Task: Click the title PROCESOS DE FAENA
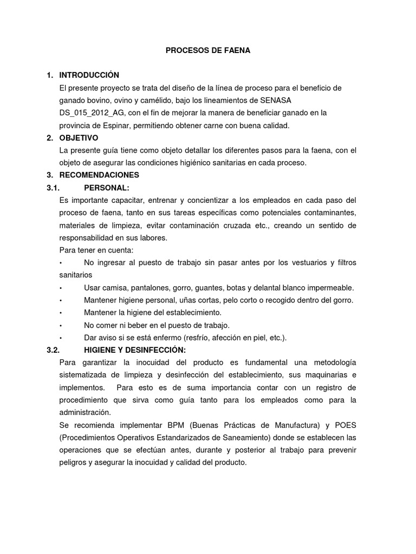click(x=208, y=50)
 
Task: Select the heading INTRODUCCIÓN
click(x=89, y=75)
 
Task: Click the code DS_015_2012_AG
click(x=89, y=113)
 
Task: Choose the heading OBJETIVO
click(x=79, y=138)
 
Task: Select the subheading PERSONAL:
click(x=107, y=188)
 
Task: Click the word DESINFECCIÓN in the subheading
click(x=155, y=350)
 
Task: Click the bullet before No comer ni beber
click(x=61, y=325)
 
